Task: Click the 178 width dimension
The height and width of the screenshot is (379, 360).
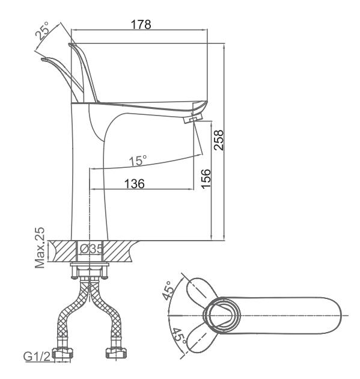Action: (141, 25)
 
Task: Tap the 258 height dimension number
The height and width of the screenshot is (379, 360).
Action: (219, 140)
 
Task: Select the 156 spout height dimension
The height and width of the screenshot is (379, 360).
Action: (206, 179)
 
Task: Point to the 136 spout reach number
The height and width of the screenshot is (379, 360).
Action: (135, 183)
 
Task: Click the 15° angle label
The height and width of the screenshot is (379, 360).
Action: (138, 160)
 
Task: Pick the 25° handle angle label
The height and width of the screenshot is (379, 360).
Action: (43, 31)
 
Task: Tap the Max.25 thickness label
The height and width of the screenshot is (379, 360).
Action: (40, 248)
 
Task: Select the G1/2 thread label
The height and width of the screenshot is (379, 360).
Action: (37, 356)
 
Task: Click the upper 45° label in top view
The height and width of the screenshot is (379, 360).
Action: (168, 291)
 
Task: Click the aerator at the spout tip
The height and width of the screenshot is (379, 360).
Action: (193, 119)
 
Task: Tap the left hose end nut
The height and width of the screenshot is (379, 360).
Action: (63, 354)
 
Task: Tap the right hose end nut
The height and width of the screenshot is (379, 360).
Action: (117, 354)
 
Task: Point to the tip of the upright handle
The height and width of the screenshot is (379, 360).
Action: (70, 45)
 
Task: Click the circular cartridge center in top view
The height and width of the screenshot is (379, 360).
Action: (222, 315)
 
